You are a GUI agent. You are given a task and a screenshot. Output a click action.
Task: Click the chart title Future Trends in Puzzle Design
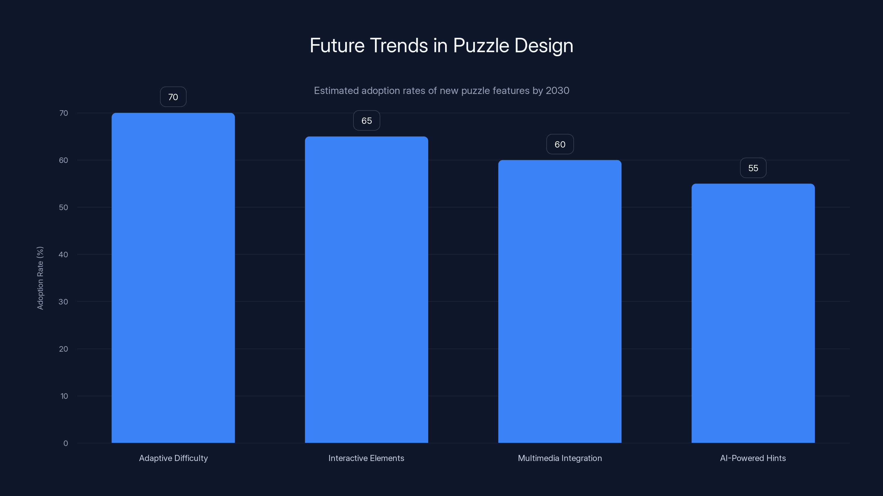coord(441,45)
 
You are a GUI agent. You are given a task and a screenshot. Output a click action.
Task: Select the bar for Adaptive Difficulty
coord(173,277)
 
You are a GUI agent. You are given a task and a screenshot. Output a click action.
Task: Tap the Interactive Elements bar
coord(366,290)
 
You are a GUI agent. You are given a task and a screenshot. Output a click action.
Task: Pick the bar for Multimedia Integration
coord(560,301)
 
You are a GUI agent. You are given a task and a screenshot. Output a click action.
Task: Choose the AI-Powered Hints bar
coord(753,313)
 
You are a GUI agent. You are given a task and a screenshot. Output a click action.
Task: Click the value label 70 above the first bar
coord(173,97)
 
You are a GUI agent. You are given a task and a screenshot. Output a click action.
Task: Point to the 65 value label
coord(366,120)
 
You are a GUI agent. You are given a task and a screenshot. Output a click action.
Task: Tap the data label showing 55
coord(753,168)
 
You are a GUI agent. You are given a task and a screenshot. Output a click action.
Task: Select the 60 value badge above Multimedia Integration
coord(560,144)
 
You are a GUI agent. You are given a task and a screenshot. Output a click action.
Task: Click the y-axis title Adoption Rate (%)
coord(40,278)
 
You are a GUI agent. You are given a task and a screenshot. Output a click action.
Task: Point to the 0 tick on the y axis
coord(65,443)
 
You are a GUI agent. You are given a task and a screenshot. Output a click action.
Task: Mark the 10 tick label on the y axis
coord(64,396)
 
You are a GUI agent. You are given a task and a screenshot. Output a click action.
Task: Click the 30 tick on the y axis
coord(63,301)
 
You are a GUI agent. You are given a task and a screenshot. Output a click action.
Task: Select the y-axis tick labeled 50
coord(63,207)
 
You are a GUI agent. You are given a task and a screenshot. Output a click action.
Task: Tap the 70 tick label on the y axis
coord(63,113)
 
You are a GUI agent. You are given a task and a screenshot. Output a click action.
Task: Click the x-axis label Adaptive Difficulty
coord(174,458)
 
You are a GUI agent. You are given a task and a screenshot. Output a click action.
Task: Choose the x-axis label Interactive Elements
coord(366,458)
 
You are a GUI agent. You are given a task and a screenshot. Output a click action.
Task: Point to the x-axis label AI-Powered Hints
coord(753,458)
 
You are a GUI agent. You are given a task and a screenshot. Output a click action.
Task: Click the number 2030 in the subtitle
coord(557,91)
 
